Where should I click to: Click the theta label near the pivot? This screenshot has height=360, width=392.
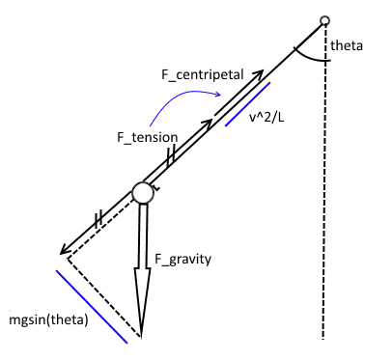coord(345,45)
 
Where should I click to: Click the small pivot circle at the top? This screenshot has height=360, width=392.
coord(325,21)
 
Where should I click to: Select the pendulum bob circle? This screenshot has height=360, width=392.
coord(143,193)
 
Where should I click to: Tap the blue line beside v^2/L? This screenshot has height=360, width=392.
coord(247,104)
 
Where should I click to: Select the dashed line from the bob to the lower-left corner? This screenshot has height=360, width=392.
coord(100,228)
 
